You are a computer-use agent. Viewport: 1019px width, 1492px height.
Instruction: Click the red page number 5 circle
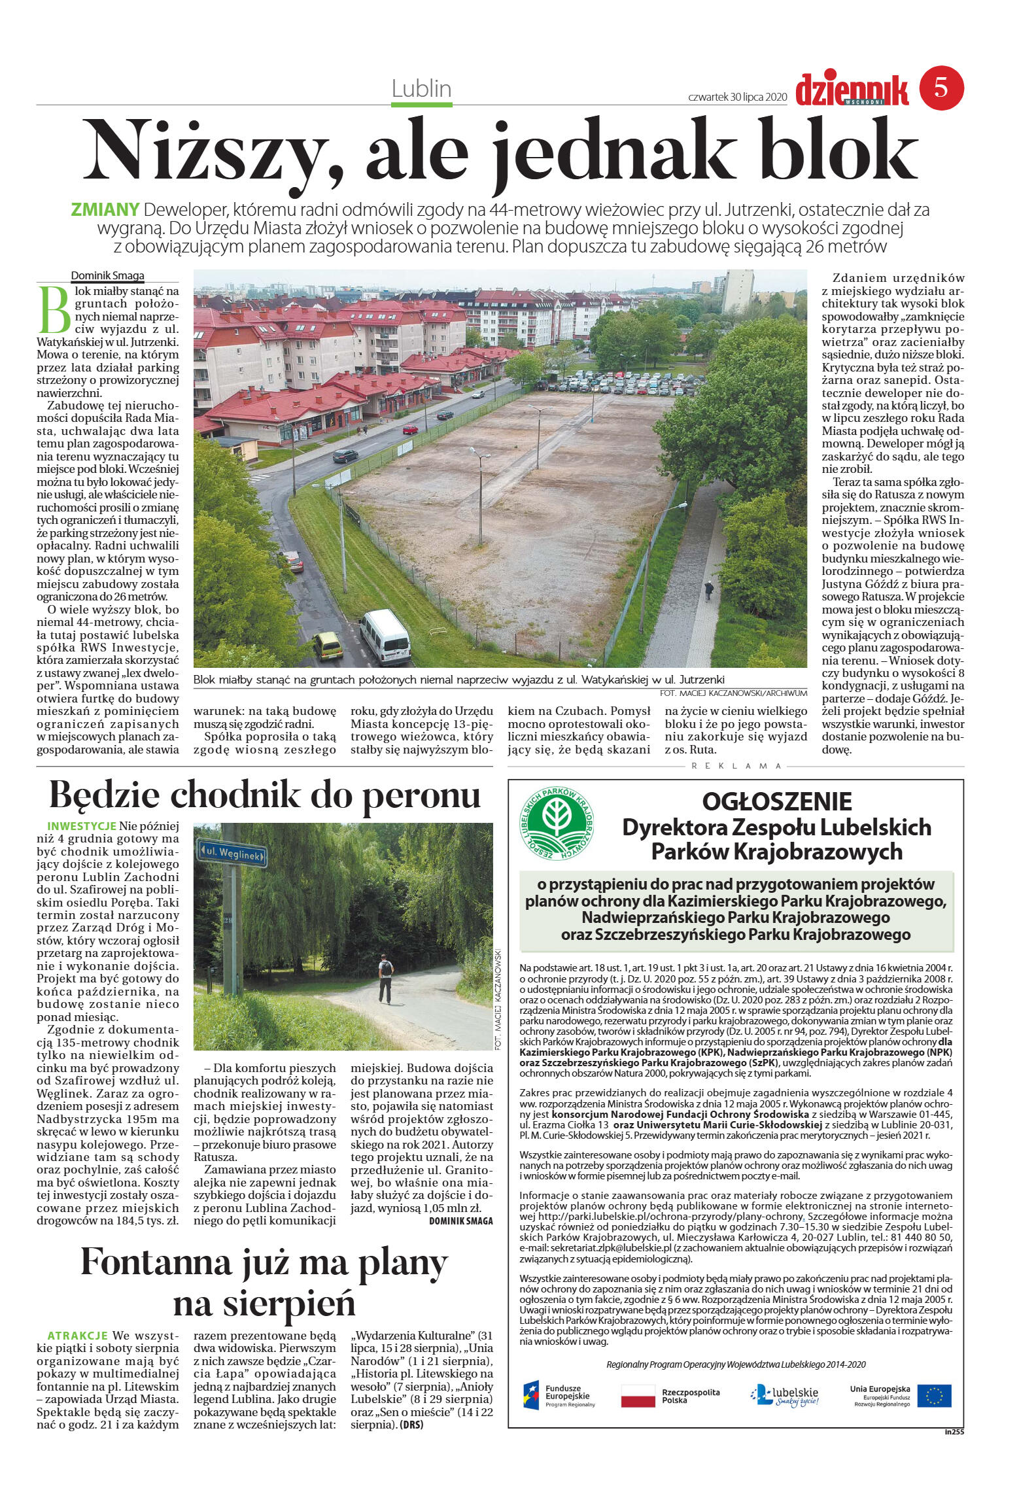click(x=942, y=88)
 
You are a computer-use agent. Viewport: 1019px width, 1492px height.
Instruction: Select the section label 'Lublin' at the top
click(x=422, y=88)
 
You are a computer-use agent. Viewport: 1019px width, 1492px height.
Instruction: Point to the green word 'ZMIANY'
click(x=105, y=210)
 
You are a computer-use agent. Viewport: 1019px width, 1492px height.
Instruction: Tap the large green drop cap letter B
click(x=54, y=307)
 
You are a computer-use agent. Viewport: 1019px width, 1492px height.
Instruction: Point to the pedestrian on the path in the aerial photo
click(x=709, y=590)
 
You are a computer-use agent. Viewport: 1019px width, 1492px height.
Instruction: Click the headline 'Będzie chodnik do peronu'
click(x=265, y=795)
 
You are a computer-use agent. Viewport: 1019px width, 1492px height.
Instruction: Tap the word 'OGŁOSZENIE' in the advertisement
click(x=776, y=801)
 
